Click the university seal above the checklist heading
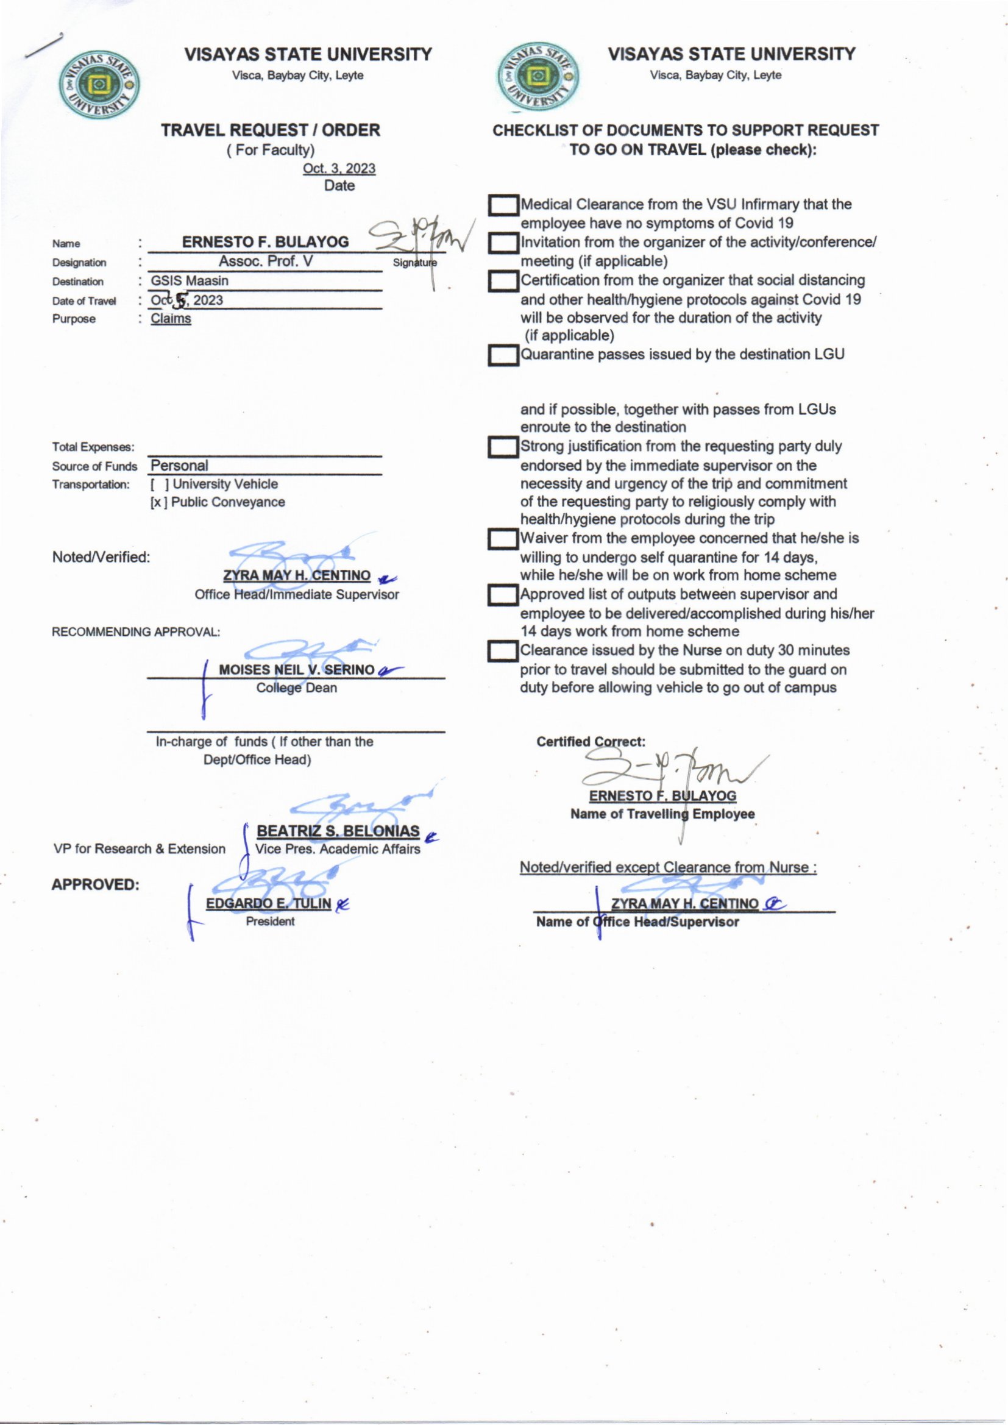(x=538, y=78)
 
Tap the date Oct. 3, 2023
(x=339, y=169)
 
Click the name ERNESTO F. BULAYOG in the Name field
(x=265, y=242)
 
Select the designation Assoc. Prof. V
(x=265, y=261)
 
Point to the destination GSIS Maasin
(x=190, y=281)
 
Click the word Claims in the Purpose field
(x=171, y=319)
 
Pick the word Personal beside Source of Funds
(x=179, y=466)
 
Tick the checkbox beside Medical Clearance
(x=503, y=205)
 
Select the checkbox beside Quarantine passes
(x=503, y=355)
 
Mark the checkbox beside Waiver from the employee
(x=503, y=539)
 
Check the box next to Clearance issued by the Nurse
(x=503, y=651)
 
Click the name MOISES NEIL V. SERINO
(x=297, y=670)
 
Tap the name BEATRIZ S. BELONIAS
(x=338, y=831)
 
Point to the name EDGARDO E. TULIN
(x=268, y=903)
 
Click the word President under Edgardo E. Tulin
(x=270, y=922)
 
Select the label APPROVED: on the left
(x=95, y=884)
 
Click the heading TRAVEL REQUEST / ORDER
(x=271, y=130)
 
